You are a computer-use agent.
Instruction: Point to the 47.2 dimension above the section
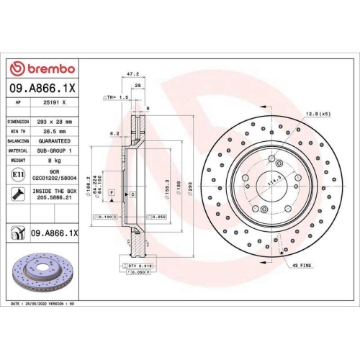[132, 73]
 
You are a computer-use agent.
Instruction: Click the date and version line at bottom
[45, 305]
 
